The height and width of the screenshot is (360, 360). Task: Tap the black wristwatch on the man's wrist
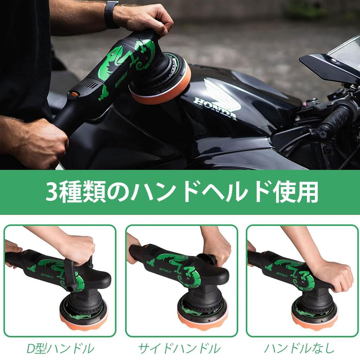click(x=111, y=14)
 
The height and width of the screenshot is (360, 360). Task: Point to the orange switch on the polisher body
click(x=74, y=94)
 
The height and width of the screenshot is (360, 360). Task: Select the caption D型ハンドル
click(x=60, y=348)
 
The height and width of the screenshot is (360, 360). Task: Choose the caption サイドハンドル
click(x=179, y=348)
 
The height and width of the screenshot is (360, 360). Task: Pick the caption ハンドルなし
click(x=299, y=348)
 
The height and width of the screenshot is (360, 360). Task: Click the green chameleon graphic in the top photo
click(x=116, y=63)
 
